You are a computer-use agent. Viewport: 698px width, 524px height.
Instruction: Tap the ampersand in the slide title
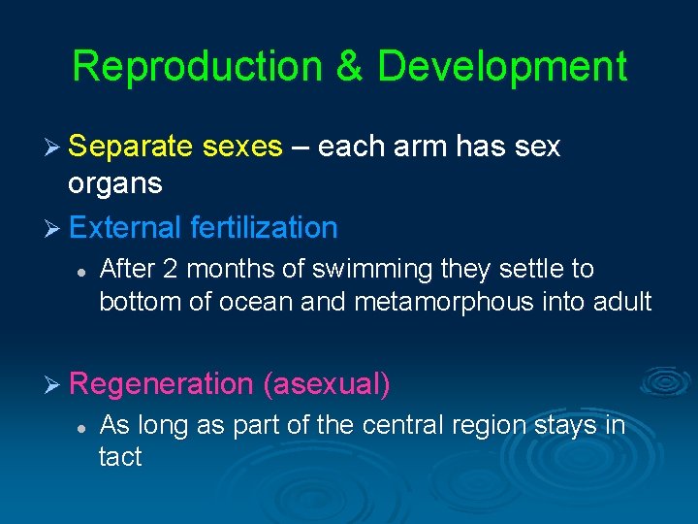coord(355,67)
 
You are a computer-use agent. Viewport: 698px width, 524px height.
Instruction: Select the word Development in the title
coord(501,67)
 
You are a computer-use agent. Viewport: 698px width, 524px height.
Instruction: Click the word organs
coord(114,182)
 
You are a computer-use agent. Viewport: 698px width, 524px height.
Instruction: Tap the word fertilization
coord(264,228)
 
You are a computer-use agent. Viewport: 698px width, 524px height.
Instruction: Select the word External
coord(125,228)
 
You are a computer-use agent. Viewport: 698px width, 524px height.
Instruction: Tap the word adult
coord(621,302)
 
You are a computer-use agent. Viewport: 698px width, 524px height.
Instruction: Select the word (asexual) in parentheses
coord(327,384)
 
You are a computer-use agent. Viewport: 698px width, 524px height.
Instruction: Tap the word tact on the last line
coord(120,457)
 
